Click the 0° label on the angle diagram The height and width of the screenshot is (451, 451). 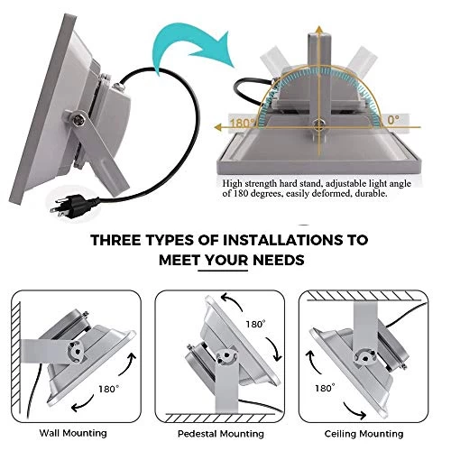393,120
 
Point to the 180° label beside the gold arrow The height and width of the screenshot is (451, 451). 242,123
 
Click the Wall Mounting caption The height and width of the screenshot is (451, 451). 73,433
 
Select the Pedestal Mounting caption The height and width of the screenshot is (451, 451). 221,434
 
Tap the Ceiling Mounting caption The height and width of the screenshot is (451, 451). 364,434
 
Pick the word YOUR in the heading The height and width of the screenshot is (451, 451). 224,260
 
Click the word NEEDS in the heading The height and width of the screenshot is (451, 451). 279,260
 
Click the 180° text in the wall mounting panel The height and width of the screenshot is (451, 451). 109,389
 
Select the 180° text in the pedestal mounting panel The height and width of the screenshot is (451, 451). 255,324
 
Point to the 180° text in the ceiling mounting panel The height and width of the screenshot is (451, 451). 325,388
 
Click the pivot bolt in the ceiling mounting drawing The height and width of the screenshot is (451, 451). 364,358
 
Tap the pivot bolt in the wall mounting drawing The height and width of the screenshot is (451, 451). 78,351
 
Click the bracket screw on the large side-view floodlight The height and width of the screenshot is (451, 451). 79,117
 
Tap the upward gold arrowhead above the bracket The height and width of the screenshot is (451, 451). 319,30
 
